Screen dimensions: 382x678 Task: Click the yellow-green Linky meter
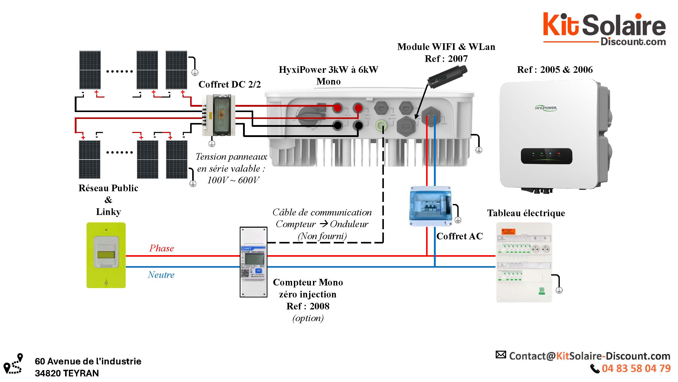tap(106, 255)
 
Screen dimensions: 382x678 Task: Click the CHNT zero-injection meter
tap(253, 262)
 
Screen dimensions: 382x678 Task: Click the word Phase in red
tap(161, 248)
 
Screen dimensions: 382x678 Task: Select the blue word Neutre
tap(161, 275)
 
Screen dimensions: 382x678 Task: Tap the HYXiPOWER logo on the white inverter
tap(546, 108)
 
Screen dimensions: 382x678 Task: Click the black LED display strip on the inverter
tap(546, 156)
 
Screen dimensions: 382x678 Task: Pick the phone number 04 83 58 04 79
tap(636, 368)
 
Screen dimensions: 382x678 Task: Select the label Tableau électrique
tap(526, 213)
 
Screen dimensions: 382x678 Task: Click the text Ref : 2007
tap(446, 59)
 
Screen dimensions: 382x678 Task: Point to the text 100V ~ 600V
tap(233, 180)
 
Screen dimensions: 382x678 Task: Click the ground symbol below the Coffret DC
tap(212, 144)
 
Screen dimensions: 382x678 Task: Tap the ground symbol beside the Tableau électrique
tap(559, 290)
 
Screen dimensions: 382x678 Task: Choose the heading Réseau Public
tap(108, 188)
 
